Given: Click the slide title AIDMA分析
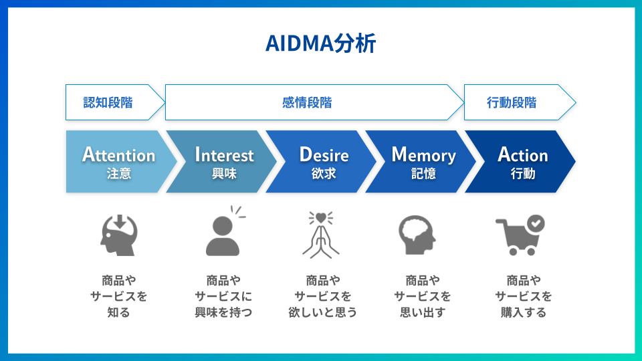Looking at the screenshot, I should [320, 43].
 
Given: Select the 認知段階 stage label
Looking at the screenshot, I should [108, 102].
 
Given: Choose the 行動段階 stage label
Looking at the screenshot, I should [512, 102].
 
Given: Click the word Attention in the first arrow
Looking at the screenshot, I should [118, 155].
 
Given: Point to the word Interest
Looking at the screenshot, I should [224, 155].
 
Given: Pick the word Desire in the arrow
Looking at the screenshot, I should [324, 155].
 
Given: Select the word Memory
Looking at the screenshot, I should [423, 155].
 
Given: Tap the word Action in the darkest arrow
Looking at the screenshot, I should [522, 155].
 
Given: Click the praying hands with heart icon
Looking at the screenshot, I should [321, 234].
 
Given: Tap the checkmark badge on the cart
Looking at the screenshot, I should [536, 223].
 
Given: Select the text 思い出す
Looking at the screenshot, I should [422, 312].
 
